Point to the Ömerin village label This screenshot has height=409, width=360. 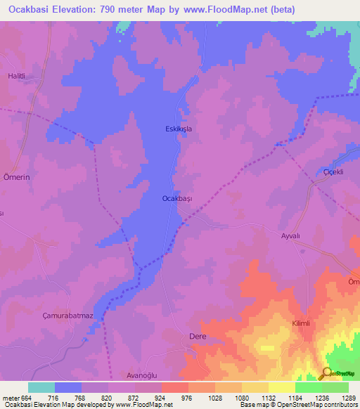[x=17, y=178]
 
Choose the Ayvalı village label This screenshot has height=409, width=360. [x=292, y=237]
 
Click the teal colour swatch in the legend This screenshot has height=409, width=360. [x=41, y=387]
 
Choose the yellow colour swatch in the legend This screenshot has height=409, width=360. [x=281, y=387]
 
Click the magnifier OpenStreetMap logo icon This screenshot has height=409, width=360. [x=326, y=373]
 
